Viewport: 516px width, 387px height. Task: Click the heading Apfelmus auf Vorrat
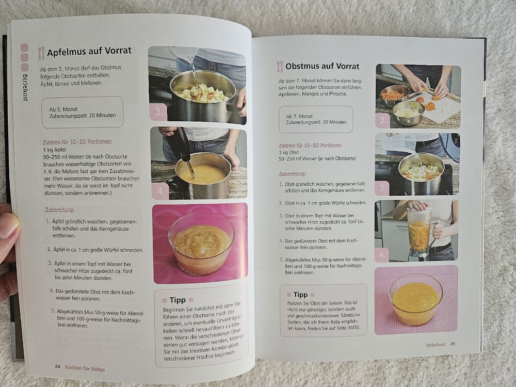pyautogui.click(x=89, y=52)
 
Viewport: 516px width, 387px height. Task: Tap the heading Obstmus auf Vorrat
pyautogui.click(x=322, y=67)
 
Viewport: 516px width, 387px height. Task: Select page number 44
pyautogui.click(x=58, y=366)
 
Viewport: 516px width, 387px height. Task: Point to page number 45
pyautogui.click(x=453, y=344)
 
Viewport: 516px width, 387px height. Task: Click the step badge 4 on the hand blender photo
pyautogui.click(x=160, y=191)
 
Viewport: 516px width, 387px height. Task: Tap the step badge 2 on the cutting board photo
pyautogui.click(x=383, y=121)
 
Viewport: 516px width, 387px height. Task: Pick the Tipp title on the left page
pyautogui.click(x=178, y=300)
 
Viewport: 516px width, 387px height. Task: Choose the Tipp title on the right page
pyautogui.click(x=300, y=295)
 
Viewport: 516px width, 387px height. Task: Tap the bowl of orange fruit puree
pyautogui.click(x=415, y=299)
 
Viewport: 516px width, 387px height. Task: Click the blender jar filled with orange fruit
pyautogui.click(x=419, y=232)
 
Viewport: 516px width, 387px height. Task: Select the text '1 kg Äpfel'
pyautogui.click(x=55, y=150)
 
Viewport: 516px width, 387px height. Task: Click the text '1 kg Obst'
pyautogui.click(x=289, y=152)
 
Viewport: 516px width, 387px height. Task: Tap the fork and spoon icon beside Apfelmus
pyautogui.click(x=41, y=53)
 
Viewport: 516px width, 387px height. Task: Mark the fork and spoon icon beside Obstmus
pyautogui.click(x=280, y=67)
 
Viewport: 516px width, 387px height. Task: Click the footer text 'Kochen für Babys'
pyautogui.click(x=85, y=368)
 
